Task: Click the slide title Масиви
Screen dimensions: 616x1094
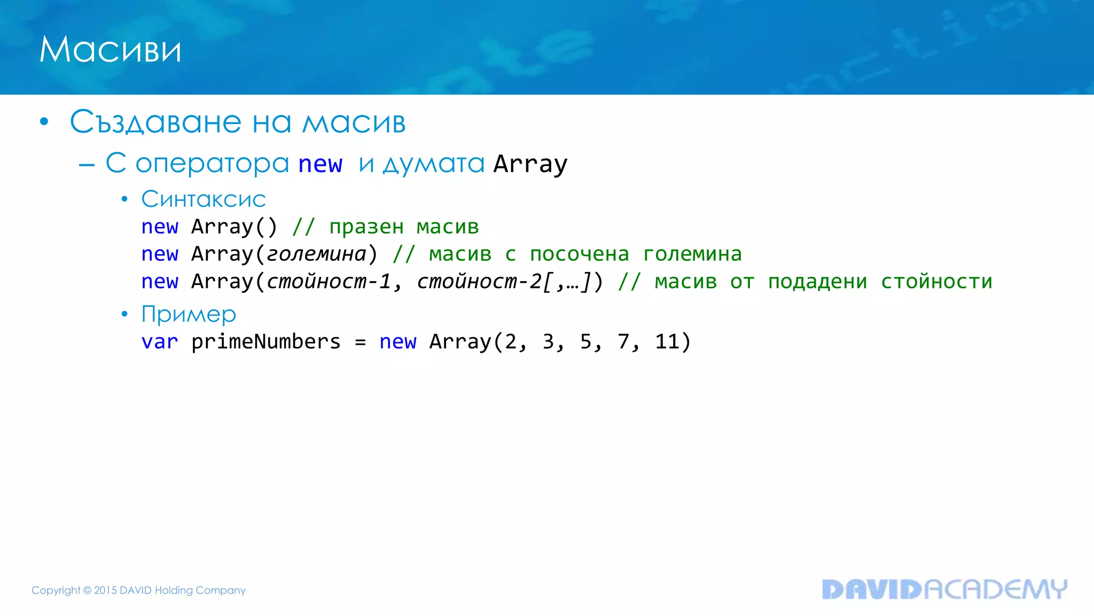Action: (110, 50)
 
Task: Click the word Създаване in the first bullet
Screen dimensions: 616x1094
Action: (155, 122)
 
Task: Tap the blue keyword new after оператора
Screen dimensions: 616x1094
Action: (320, 164)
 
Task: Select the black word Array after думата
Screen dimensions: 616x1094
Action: (530, 164)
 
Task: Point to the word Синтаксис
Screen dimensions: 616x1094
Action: (203, 199)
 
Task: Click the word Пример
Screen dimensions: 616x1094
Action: (188, 314)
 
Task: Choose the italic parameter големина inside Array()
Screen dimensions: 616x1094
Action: (316, 254)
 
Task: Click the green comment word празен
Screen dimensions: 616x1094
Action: (366, 227)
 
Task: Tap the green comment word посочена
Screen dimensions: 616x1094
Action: (579, 254)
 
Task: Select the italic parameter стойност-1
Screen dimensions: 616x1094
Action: (329, 282)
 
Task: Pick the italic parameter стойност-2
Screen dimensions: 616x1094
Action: (479, 282)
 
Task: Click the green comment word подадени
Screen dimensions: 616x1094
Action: (817, 282)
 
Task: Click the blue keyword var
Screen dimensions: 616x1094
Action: (159, 342)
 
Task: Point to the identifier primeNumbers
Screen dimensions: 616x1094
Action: (265, 342)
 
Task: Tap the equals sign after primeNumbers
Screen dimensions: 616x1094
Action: (360, 342)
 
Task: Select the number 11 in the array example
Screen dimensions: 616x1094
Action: (667, 342)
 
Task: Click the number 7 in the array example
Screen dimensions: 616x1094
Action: (623, 342)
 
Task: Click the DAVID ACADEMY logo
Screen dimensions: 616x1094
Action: (944, 589)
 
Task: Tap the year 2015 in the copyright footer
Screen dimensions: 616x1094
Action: (105, 590)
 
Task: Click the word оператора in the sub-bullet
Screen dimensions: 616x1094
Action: (212, 163)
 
